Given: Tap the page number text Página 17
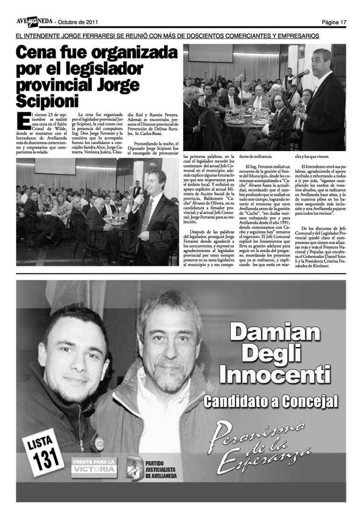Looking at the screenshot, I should pos(334,22).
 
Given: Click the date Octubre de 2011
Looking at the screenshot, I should pos(79,22).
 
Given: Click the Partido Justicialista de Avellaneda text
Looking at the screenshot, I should pos(161,465).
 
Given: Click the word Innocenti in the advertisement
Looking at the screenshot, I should pos(275,373).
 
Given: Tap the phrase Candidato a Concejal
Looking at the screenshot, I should pos(271,401).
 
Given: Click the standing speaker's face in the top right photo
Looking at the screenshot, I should pos(324,63).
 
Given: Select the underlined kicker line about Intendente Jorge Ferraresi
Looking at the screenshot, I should pos(167,36).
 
